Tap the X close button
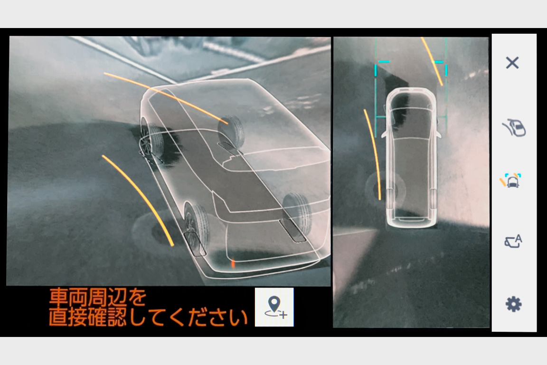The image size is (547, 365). [512, 63]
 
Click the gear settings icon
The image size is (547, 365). [513, 304]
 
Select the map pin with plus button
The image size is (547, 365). [274, 307]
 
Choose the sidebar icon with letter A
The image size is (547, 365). [513, 241]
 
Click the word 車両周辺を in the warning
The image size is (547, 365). [98, 297]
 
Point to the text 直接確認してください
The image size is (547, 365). [148, 317]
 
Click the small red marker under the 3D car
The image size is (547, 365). [233, 263]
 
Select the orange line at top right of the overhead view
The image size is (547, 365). [432, 61]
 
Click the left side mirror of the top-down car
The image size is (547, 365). [384, 134]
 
